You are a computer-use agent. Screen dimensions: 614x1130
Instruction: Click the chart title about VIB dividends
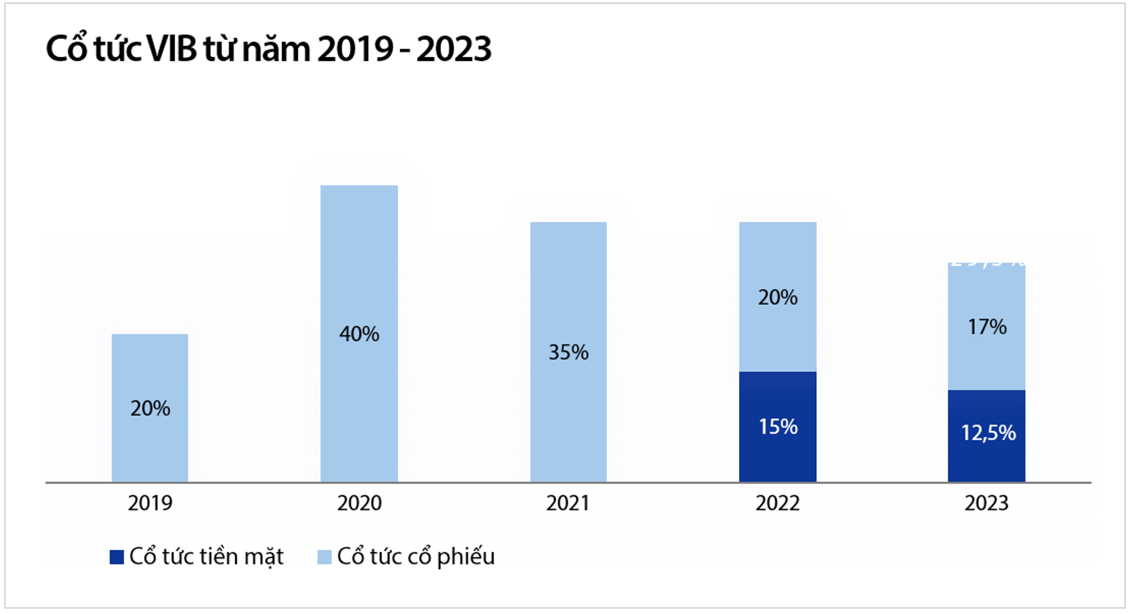(268, 49)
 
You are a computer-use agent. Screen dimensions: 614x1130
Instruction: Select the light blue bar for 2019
(150, 371)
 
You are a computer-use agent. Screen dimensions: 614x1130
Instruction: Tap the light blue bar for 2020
(359, 261)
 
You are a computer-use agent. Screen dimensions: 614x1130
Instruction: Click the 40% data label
(359, 334)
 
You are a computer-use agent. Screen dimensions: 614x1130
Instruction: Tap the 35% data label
(568, 352)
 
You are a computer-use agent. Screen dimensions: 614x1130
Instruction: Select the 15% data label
(778, 427)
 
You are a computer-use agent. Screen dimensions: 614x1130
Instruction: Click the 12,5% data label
(988, 433)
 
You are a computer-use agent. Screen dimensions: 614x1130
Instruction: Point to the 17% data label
(987, 327)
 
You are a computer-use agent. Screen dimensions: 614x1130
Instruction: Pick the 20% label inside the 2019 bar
(150, 408)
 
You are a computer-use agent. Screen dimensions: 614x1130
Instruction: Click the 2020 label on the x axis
(359, 503)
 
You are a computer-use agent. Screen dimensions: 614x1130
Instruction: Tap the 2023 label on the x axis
(986, 503)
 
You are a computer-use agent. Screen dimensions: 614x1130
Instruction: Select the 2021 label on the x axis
(568, 503)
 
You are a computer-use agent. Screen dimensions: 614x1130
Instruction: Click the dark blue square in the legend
(116, 557)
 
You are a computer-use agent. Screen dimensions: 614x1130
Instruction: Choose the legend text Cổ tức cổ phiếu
(415, 557)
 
